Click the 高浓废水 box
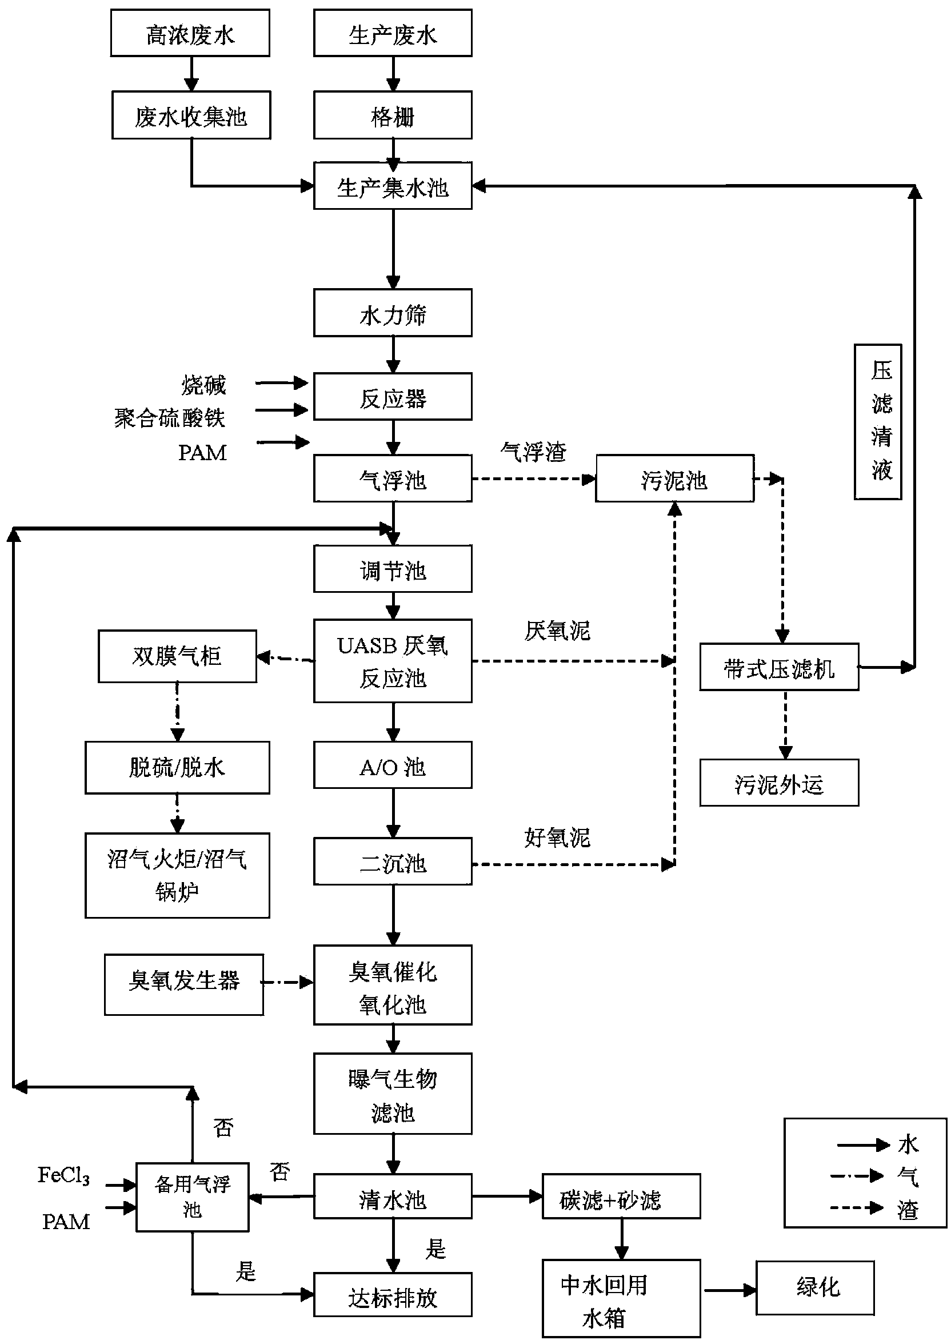190,33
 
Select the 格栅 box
393,115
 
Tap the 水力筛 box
393,313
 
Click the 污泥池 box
674,478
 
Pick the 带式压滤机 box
779,667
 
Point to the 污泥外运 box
779,783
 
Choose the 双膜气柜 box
177,656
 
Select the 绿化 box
814,1288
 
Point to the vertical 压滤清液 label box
878,422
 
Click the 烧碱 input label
203,385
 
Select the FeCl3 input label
63,1176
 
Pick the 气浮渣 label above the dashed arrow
533,452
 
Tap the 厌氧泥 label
557,631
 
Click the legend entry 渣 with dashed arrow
873,1208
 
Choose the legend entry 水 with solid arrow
876,1145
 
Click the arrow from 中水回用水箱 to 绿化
729,1289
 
